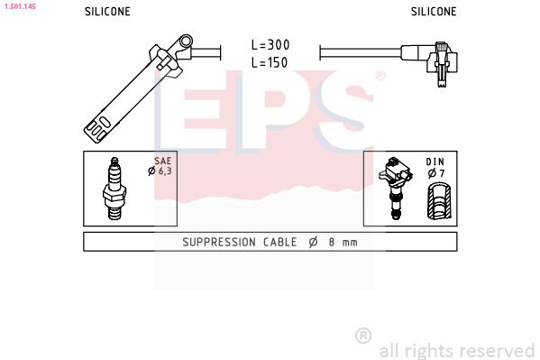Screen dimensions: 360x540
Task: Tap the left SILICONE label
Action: coord(107,12)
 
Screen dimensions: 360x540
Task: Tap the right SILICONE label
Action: coord(434,12)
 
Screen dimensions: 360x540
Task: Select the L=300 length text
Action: coord(270,45)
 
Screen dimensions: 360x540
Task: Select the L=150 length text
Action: coord(270,63)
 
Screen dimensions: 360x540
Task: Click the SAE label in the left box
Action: coord(162,161)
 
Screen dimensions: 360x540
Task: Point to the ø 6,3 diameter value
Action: coord(162,171)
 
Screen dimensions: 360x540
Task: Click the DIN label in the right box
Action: coord(435,161)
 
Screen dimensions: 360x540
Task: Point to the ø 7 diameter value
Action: coord(435,172)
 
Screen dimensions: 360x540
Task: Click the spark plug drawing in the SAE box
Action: coord(114,188)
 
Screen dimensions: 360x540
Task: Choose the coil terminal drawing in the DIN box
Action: coord(395,188)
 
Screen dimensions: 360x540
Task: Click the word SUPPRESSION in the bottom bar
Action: coord(223,242)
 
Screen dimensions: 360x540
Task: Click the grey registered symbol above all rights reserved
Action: coord(363,335)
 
